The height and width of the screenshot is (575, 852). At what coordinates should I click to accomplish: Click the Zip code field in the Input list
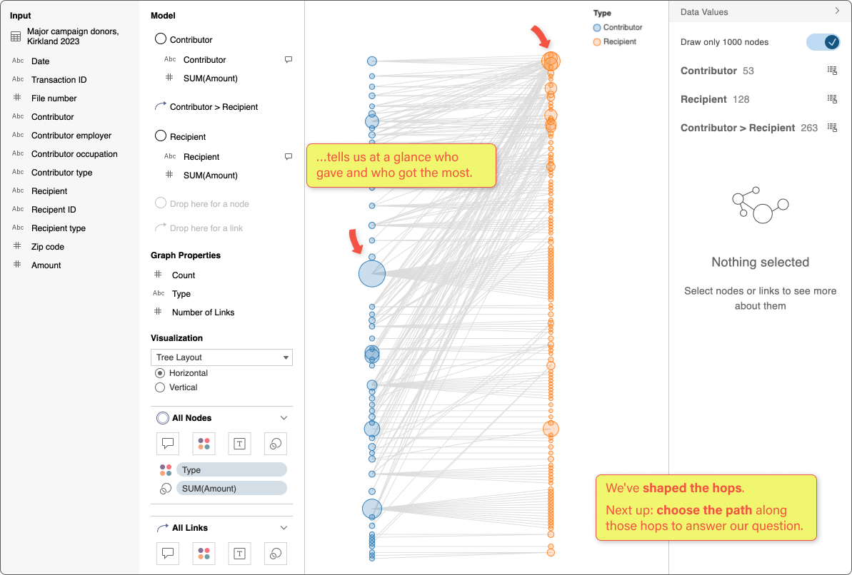pos(47,247)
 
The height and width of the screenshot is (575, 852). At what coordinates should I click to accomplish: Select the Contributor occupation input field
pos(74,154)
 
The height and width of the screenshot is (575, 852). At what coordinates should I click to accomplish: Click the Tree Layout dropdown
pos(221,357)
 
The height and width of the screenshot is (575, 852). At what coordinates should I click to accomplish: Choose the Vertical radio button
pos(160,387)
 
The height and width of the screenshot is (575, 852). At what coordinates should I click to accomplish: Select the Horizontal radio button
pos(160,373)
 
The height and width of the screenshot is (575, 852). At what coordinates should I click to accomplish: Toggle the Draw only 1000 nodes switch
pos(823,42)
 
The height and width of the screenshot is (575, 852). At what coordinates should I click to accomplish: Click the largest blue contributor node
pos(371,273)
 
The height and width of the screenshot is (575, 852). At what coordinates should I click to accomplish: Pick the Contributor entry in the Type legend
pos(622,28)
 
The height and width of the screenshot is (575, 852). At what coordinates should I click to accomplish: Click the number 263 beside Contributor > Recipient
pos(809,128)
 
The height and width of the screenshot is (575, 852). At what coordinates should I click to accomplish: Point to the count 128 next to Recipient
pos(741,99)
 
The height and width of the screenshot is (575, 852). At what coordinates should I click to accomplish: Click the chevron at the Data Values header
pos(837,11)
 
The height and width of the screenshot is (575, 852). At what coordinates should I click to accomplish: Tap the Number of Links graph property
pos(203,312)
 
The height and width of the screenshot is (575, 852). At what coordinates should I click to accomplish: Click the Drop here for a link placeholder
pos(206,228)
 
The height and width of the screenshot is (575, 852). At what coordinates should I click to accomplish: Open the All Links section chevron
pos(284,528)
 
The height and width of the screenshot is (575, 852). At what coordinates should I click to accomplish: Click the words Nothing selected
pos(760,263)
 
